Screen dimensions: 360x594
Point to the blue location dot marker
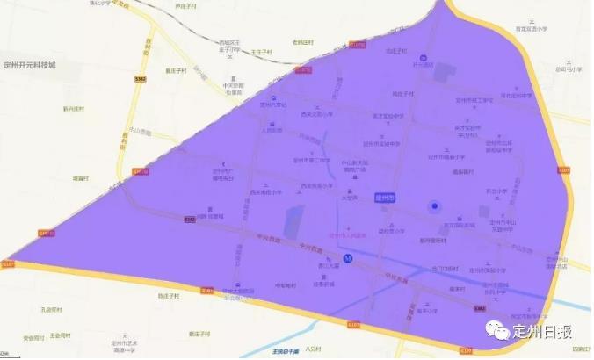[432, 205]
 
